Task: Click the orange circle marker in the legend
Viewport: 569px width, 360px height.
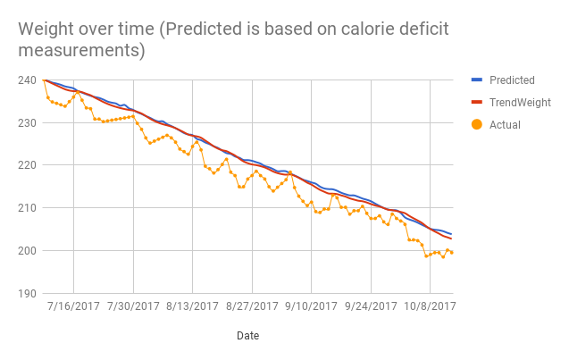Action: point(476,125)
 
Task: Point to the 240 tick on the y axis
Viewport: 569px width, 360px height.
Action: point(27,80)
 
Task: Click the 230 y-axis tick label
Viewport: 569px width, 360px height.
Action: point(27,122)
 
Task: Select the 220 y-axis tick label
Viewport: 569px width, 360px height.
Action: point(27,165)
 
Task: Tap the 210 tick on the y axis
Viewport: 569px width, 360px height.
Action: point(27,208)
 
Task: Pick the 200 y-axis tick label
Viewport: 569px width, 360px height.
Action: point(27,251)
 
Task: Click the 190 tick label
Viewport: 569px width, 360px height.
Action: point(27,293)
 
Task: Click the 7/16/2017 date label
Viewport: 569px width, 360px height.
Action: point(73,306)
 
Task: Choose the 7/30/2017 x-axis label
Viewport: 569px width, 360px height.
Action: point(133,306)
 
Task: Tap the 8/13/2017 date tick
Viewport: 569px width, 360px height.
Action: point(192,306)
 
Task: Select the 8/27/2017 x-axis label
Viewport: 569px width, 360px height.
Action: point(252,306)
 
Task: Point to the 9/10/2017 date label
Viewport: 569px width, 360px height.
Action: point(311,306)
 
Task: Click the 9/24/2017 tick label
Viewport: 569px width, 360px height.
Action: point(371,306)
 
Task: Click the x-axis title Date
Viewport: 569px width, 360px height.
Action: point(248,336)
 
